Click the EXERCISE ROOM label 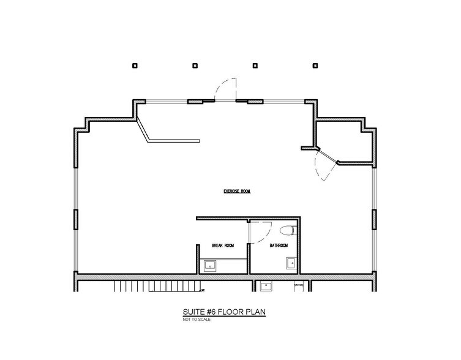237,191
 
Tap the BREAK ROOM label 223,246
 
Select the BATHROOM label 279,246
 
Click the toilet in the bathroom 288,230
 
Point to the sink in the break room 210,266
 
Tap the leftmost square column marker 135,66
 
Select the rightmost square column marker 315,66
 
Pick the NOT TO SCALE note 197,320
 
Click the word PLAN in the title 256,312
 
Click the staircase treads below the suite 158,286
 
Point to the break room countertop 223,266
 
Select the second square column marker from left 195,66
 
